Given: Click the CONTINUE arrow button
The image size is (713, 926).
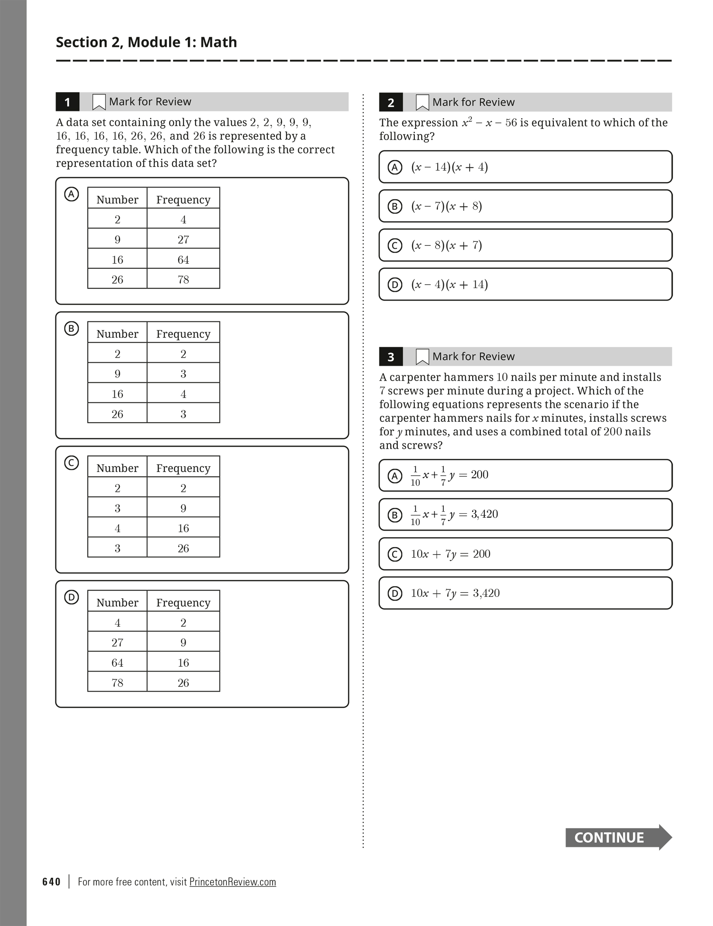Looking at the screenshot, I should pos(618,837).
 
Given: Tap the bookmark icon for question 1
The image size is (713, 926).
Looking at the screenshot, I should pos(99,102).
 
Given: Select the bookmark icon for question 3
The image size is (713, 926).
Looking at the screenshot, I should pos(422,357).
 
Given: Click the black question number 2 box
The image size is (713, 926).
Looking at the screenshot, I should pos(390,103).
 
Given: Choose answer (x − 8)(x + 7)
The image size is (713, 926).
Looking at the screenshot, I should pos(525,245).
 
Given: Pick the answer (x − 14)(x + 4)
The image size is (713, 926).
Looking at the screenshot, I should pos(525,167).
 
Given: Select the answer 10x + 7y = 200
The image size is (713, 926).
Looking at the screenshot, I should pos(525,554).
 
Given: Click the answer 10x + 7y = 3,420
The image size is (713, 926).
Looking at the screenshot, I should pos(525,593).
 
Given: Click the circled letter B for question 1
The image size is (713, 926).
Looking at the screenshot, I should pos(71,328).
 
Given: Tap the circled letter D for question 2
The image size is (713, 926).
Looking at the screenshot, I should pos(394,285).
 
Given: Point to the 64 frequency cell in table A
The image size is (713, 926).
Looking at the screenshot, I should pos(183,260).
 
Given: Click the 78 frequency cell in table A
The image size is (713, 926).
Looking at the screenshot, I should pos(183,279).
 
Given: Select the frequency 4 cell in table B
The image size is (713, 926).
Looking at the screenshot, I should pos(183,394).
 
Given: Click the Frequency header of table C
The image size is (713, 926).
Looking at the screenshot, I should pos(183,468).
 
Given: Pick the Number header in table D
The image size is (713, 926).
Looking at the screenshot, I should pos(117,602).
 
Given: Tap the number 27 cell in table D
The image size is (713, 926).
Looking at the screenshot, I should pos(117,642).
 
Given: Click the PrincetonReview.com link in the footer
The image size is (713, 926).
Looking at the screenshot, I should pos(233,882).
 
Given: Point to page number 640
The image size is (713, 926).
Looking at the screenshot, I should pos(51,882).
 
